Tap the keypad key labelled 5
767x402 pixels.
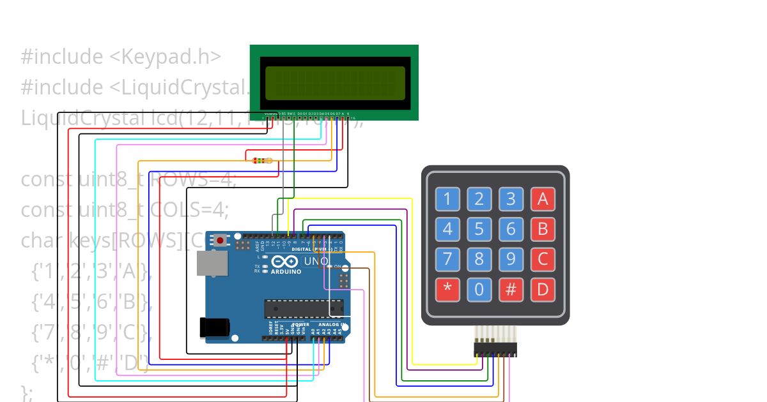tap(479, 228)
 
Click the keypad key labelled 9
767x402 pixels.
tap(511, 259)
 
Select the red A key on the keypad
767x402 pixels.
tap(543, 199)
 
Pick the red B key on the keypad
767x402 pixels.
tap(543, 228)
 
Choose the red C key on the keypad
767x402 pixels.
tap(543, 259)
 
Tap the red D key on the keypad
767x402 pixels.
tap(543, 290)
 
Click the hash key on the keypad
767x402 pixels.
tap(511, 290)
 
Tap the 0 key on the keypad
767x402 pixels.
tap(479, 290)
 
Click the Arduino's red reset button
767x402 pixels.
tap(221, 241)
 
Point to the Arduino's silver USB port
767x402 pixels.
tap(212, 263)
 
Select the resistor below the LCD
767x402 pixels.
tap(261, 161)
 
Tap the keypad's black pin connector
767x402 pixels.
tap(495, 350)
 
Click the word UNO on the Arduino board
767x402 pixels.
tap(316, 261)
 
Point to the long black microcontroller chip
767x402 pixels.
tap(304, 308)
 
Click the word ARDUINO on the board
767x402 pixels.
tap(286, 272)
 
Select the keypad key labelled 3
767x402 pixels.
tap(511, 199)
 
